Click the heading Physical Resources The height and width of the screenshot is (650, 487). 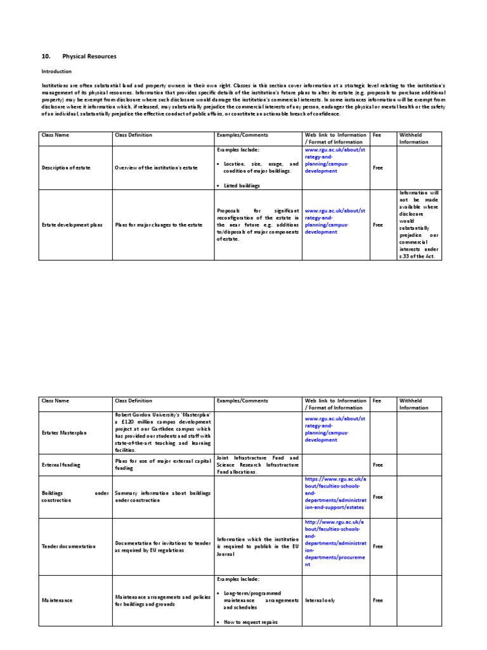(x=89, y=56)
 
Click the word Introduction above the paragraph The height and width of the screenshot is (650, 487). (x=56, y=72)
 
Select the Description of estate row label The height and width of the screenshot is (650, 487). (x=66, y=168)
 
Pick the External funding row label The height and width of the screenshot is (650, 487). (x=61, y=465)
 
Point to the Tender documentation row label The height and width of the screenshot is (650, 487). (x=68, y=546)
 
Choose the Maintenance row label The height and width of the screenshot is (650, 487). (x=57, y=600)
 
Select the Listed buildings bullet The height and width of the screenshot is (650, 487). (x=242, y=185)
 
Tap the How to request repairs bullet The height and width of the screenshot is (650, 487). (x=250, y=622)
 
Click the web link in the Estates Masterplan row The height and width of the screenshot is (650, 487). (x=335, y=429)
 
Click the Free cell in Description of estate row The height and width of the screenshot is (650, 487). (x=378, y=168)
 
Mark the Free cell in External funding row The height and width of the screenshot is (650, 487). (x=378, y=465)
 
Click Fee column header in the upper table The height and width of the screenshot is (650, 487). (x=377, y=135)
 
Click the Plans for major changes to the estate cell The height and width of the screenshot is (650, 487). (x=150, y=225)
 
